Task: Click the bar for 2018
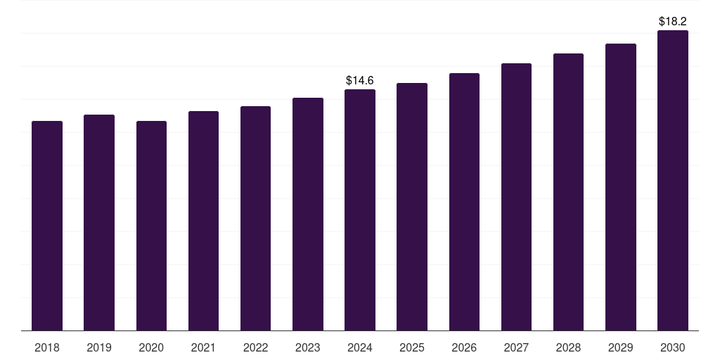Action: pyautogui.click(x=47, y=225)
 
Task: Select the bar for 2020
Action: pyautogui.click(x=151, y=225)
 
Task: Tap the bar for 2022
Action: pyautogui.click(x=255, y=218)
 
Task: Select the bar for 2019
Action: pyautogui.click(x=99, y=222)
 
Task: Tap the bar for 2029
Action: pyautogui.click(x=620, y=187)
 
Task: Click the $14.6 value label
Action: pyautogui.click(x=360, y=81)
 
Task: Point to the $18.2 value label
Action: pyautogui.click(x=672, y=22)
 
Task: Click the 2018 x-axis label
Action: pyautogui.click(x=47, y=347)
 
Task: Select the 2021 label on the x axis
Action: pyautogui.click(x=203, y=347)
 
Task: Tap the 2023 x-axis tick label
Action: pyautogui.click(x=307, y=347)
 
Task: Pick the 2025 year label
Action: pyautogui.click(x=412, y=347)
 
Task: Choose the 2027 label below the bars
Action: pyautogui.click(x=516, y=347)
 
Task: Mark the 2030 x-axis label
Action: pyautogui.click(x=672, y=347)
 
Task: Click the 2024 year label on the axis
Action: pyautogui.click(x=360, y=347)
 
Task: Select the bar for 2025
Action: pyautogui.click(x=412, y=207)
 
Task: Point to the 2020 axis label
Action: pyautogui.click(x=151, y=347)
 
